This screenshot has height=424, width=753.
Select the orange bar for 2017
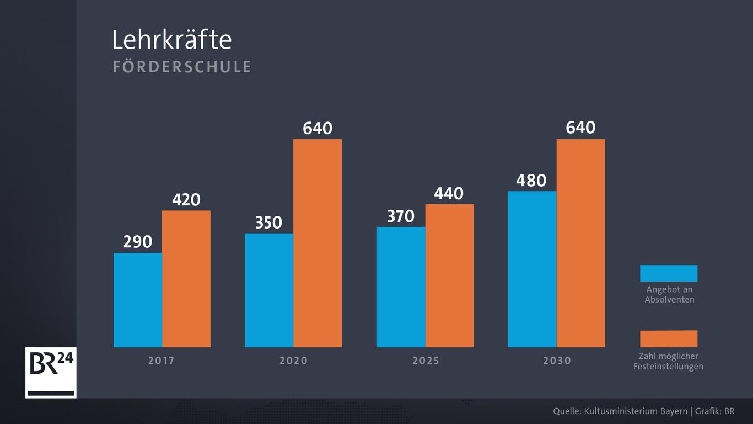point(186,279)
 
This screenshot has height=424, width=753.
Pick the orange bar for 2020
point(318,243)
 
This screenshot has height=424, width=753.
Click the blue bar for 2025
point(401,287)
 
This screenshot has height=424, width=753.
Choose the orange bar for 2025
point(449,275)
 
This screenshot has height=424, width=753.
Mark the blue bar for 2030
point(532,269)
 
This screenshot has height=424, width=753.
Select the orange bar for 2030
point(580,243)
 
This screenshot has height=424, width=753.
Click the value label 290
point(137,242)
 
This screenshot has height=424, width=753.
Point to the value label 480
point(531,181)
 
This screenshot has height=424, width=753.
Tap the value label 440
point(449,193)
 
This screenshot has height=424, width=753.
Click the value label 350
point(268,222)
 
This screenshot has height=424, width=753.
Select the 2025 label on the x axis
point(426,361)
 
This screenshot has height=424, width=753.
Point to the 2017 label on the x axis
point(161,361)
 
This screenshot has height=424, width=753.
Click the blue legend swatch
point(669,273)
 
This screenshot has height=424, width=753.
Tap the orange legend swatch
point(669,338)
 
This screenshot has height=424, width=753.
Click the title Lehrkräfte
point(171,40)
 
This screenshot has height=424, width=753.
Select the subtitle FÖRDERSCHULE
point(182,67)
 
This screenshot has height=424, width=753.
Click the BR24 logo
point(51,373)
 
